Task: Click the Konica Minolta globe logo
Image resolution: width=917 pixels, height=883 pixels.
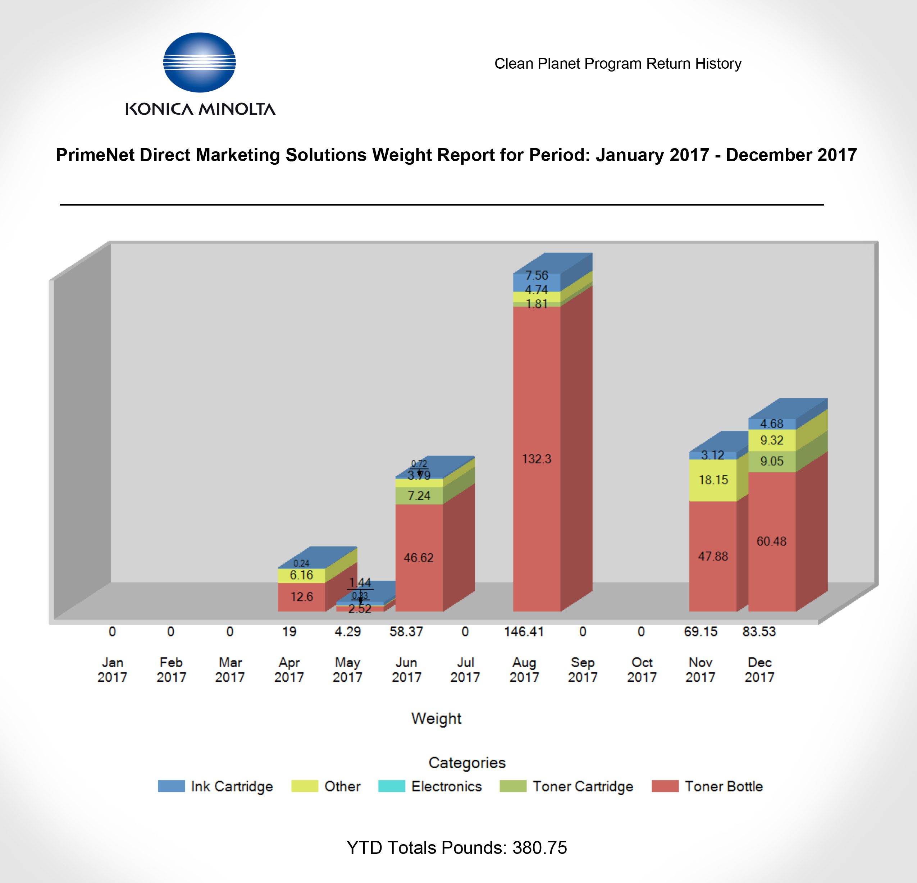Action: click(x=199, y=62)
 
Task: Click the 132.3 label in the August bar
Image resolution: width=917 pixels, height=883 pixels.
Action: click(x=537, y=459)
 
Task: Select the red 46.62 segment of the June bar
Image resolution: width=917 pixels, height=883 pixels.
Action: click(x=419, y=558)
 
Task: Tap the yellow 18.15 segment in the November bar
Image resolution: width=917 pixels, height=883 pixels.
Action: click(x=713, y=480)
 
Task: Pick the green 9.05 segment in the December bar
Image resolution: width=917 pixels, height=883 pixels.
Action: click(x=771, y=461)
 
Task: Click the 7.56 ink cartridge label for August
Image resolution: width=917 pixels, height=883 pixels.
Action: click(x=536, y=275)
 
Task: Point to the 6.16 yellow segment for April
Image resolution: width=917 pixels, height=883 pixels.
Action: click(x=301, y=575)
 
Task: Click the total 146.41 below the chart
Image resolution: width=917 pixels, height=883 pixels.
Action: click(x=524, y=632)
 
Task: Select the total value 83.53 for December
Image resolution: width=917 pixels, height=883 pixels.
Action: click(x=759, y=632)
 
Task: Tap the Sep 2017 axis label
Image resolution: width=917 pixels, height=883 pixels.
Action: click(x=583, y=670)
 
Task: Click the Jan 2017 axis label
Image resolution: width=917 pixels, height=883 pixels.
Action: click(x=112, y=670)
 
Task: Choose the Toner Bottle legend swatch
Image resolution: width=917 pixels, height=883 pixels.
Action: click(x=665, y=786)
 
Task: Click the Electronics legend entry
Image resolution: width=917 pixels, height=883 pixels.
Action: click(x=446, y=786)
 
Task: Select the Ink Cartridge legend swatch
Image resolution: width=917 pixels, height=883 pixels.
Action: click(x=171, y=786)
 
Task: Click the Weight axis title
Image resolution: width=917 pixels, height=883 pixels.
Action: click(x=436, y=718)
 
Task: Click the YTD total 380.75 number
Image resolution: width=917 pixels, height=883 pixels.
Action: click(x=539, y=848)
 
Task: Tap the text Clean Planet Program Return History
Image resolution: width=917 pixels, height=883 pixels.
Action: click(x=617, y=64)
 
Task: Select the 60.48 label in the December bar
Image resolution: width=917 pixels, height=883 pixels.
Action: click(x=771, y=541)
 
